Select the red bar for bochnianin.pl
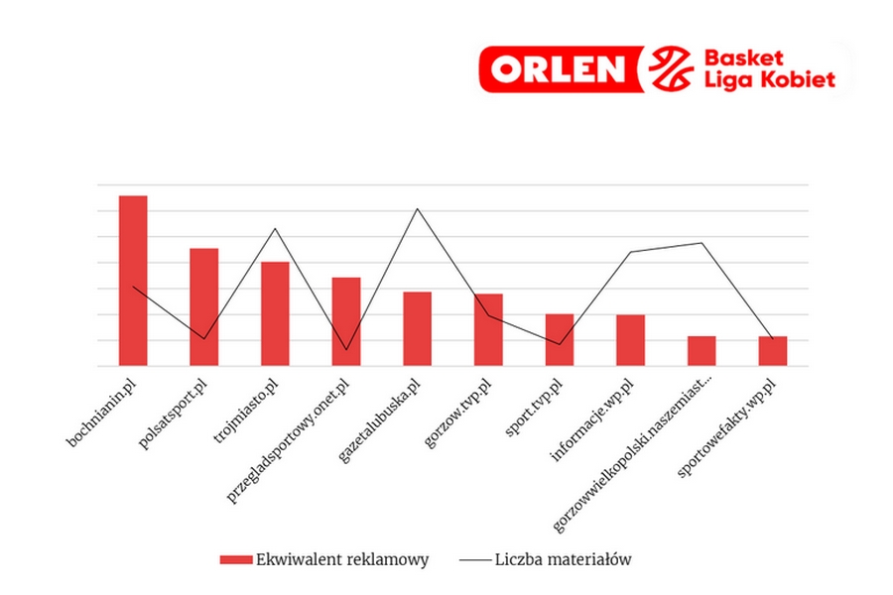point(133,281)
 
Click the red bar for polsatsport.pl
point(204,306)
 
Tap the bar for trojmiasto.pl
point(275,313)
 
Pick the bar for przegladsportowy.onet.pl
point(346,321)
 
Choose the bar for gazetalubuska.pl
point(417,328)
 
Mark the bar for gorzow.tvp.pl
point(488,329)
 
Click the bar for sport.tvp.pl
point(560,339)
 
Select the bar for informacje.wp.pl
point(630,340)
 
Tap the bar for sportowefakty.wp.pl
point(773,351)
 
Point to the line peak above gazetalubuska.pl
point(417,209)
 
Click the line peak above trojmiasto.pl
point(275,229)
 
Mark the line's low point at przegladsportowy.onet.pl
point(346,350)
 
